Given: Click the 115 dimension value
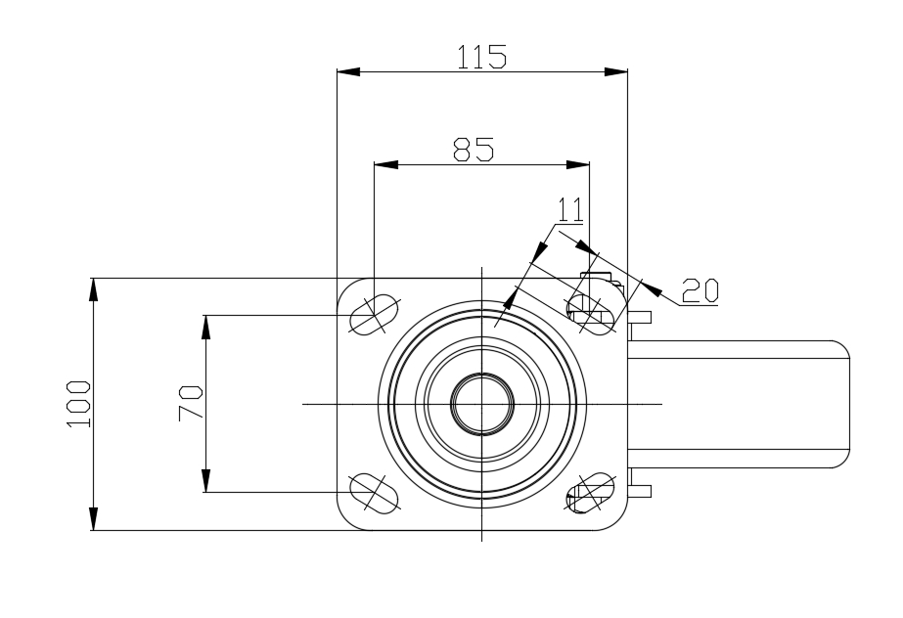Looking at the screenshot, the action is pos(481,57).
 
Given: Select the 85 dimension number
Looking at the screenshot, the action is pos(474,150).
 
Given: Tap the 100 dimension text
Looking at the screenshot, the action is pos(79,404).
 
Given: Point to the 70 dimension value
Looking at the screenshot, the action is pos(190,404).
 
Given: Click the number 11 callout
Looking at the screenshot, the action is pos(570,209).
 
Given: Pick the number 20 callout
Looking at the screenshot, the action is pos(700,290).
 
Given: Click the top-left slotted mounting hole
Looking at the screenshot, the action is pos(375,314).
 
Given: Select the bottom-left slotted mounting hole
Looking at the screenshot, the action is pos(375,493).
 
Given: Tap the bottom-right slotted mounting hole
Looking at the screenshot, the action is pos(590,493).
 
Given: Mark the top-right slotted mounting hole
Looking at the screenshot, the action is pos(590,315).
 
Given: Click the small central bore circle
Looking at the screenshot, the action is pos(482,404).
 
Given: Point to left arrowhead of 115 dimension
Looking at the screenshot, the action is pos(348,72).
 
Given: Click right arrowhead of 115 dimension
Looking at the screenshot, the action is pos(615,72).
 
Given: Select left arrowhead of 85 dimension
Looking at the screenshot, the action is pos(385,164).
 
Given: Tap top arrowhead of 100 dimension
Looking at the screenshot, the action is pos(93,290).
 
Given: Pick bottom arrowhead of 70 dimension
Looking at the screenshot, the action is pos(205,480).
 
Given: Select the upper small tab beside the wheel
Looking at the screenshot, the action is pos(640,317).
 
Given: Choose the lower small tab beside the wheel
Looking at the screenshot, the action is pos(640,491).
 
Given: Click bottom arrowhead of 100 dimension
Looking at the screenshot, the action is pos(93,518).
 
